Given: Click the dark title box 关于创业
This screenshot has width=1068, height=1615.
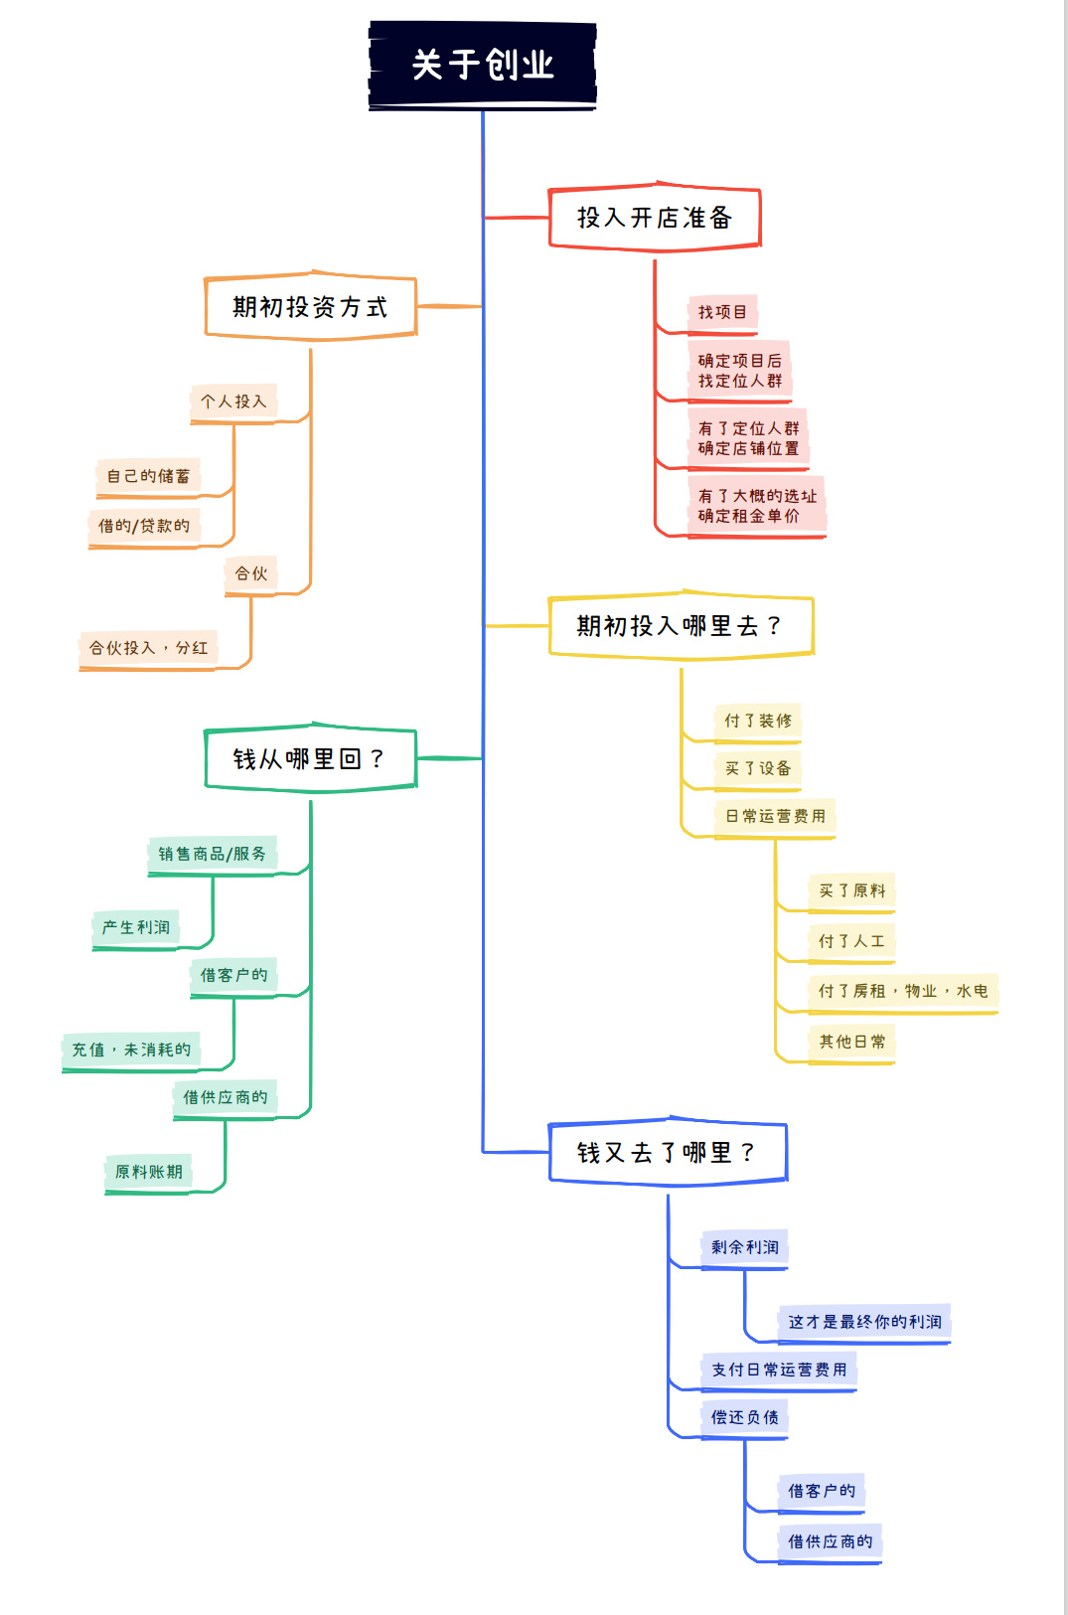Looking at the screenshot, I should click(483, 66).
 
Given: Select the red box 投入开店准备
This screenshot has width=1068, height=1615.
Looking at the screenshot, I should click(655, 218).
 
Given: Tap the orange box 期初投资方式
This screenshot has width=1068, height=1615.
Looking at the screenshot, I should click(310, 307).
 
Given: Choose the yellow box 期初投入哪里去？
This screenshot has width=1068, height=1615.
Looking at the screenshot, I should click(681, 626).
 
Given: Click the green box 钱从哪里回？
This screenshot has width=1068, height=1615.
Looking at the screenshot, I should click(310, 759).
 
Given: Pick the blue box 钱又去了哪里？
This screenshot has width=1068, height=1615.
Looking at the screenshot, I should click(668, 1153).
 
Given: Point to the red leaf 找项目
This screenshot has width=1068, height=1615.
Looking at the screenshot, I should click(722, 312).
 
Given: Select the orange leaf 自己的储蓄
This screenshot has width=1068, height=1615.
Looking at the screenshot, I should click(148, 476).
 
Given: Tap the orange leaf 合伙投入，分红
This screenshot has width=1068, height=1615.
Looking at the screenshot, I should click(149, 648).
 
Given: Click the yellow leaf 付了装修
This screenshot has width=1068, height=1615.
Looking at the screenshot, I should click(758, 721).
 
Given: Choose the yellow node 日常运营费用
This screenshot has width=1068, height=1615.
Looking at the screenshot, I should click(775, 816).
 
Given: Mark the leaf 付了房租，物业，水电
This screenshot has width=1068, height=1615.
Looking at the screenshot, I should click(903, 991).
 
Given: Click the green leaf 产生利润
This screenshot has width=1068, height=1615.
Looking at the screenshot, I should click(136, 927).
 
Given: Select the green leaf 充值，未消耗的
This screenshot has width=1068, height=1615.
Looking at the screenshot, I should click(131, 1050).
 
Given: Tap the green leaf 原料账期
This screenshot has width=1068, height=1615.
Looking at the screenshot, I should click(149, 1172).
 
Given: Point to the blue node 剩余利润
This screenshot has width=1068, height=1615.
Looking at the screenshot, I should click(744, 1247).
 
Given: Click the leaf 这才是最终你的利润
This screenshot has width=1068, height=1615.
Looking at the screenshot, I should click(864, 1322).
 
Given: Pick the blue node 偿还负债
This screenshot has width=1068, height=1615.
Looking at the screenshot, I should click(744, 1417).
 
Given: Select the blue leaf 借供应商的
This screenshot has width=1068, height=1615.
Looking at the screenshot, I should click(830, 1541).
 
